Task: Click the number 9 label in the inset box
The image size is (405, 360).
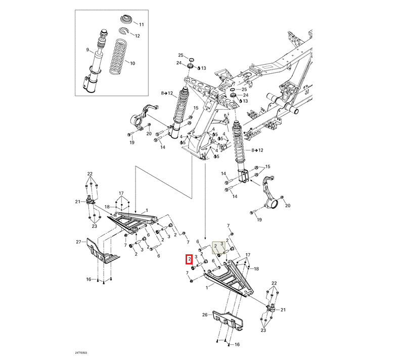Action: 87,50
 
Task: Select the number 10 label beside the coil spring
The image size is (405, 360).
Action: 132,64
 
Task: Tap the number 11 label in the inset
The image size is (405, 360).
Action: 141,24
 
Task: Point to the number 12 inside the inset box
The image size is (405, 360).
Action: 137,36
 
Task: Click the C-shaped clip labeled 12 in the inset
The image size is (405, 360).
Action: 123,33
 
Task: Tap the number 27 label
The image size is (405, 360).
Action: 79,242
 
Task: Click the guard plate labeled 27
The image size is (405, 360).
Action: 102,252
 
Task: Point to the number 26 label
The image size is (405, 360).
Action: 205,314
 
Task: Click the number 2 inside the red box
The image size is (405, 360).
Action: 189,259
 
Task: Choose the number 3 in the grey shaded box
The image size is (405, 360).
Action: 222,244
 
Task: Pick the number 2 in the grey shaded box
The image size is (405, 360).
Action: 216,246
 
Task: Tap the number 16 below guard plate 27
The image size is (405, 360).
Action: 88,279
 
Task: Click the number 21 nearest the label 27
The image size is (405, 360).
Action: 78,202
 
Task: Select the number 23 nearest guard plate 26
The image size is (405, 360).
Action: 263,330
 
